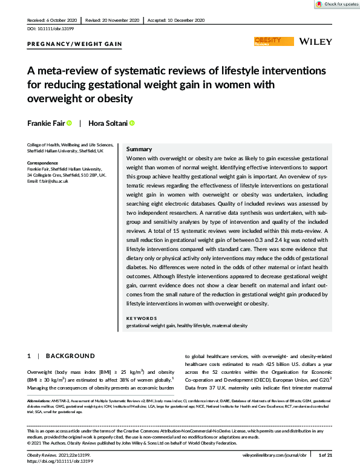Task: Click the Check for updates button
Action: coord(336,4)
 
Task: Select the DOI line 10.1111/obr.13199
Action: coord(49,28)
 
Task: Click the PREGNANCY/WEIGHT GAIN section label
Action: coord(75,44)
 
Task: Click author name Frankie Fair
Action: coord(44,123)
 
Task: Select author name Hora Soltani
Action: coord(108,123)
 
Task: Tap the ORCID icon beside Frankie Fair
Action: coord(69,123)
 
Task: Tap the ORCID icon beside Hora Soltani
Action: coord(132,123)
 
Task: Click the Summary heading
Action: coord(139,149)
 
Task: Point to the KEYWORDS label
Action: coord(142,318)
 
